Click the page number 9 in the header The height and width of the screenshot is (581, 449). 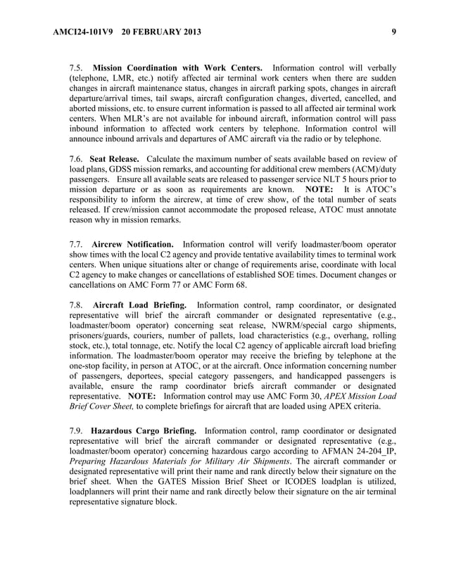coord(393,31)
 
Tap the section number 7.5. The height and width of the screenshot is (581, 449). coord(77,68)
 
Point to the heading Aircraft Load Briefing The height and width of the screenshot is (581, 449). coord(139,305)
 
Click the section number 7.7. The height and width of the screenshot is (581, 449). coord(77,243)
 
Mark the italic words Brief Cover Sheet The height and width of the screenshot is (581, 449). coord(101,407)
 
